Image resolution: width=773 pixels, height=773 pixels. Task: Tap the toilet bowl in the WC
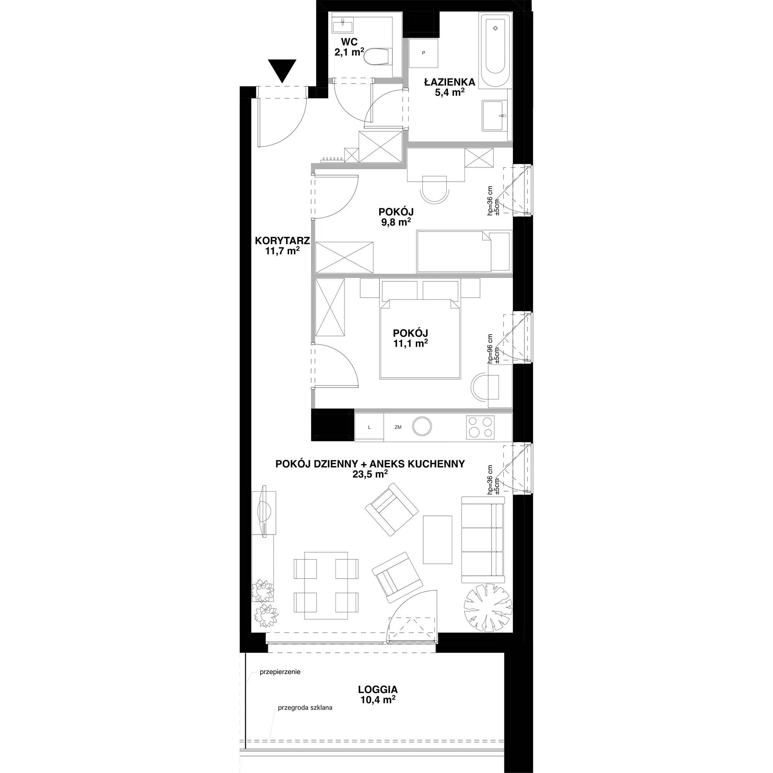tap(378, 57)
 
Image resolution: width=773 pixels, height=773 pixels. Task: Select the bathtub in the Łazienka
tap(495, 50)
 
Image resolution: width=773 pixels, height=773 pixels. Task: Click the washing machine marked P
tap(423, 53)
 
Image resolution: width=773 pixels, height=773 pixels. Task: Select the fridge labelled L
tap(369, 427)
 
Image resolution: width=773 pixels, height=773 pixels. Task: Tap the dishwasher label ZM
tap(398, 427)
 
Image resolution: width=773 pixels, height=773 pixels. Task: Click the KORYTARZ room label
tap(283, 241)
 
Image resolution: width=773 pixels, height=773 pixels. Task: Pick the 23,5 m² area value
tap(370, 474)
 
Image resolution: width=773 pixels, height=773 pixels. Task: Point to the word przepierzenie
tap(280, 672)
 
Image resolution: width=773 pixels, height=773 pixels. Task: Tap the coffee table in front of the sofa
tap(438, 539)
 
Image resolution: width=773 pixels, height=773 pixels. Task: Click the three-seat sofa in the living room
tap(482, 539)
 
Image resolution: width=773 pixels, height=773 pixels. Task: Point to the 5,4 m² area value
tap(450, 93)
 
